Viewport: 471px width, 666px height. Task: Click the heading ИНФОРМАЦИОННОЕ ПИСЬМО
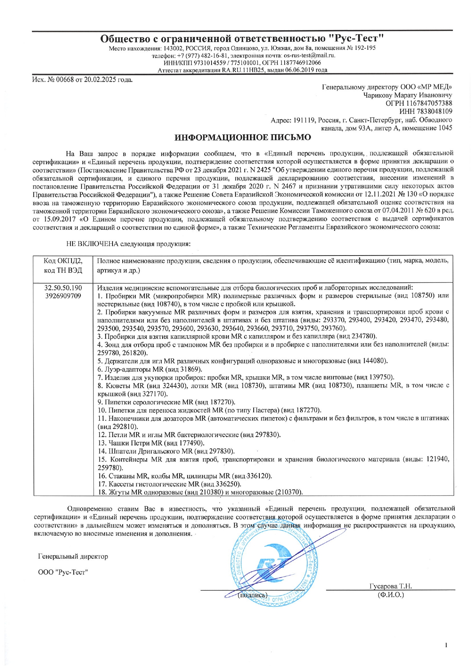coord(243,137)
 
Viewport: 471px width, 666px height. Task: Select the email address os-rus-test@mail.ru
coord(310,55)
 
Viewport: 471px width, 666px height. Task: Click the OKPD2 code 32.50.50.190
coord(63,288)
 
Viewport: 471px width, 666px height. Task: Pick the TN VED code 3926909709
coord(63,296)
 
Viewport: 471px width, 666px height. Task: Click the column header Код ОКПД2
coord(63,261)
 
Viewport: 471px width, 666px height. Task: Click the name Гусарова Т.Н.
coord(390,586)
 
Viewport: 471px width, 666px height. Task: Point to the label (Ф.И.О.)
coord(390,594)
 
